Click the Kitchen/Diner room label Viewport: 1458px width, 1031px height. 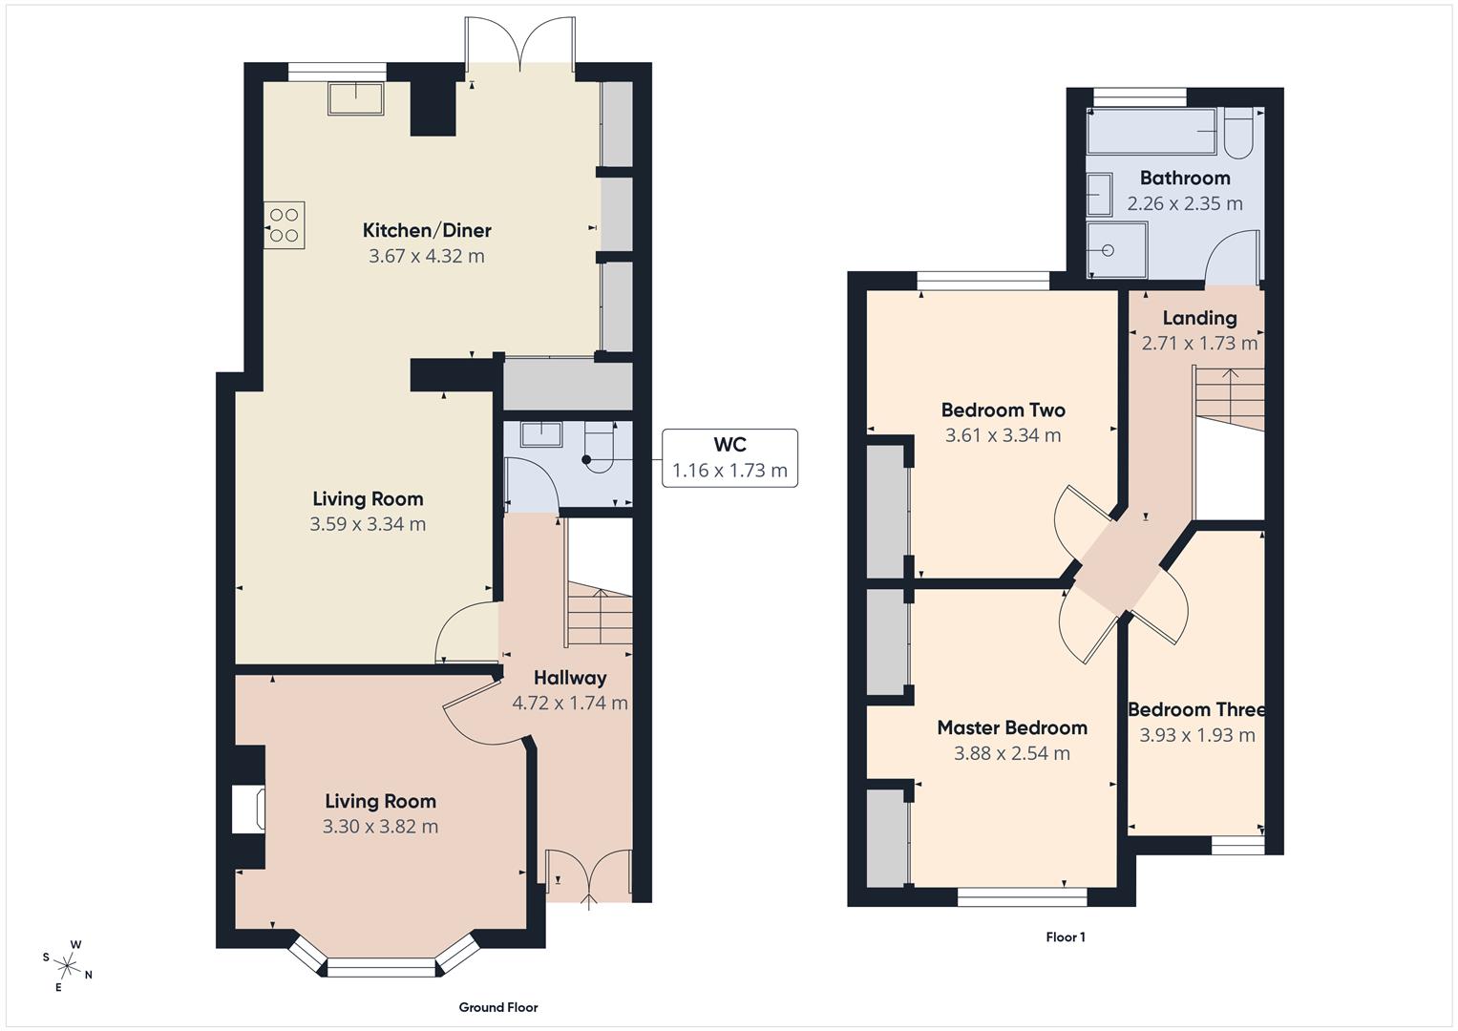(x=427, y=230)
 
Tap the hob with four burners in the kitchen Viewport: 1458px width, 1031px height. (x=285, y=225)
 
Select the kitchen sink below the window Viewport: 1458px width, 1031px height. (x=355, y=98)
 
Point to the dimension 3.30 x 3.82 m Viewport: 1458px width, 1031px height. (x=380, y=827)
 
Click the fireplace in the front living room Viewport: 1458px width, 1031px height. (x=248, y=810)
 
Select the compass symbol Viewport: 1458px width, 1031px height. (x=69, y=965)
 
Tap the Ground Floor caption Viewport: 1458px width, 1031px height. (x=497, y=1007)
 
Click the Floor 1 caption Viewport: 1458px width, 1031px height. (x=1065, y=937)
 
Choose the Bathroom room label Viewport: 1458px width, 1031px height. (x=1184, y=179)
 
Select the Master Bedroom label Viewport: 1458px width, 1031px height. (x=1011, y=728)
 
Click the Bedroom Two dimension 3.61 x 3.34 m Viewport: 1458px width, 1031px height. (x=1003, y=435)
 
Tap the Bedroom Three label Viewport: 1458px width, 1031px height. (x=1196, y=709)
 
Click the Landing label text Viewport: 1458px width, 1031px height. (x=1199, y=318)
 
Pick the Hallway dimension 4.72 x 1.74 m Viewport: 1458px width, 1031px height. (x=570, y=704)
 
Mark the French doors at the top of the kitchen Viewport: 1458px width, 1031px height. (x=520, y=43)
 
